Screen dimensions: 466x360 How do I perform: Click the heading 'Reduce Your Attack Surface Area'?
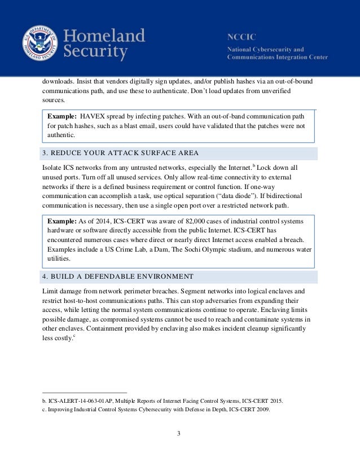(120, 153)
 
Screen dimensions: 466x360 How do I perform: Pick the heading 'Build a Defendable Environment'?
(118, 276)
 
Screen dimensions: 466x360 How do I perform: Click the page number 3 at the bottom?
(180, 434)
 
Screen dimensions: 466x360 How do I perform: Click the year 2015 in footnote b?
(275, 401)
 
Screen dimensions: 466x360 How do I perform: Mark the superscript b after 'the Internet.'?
(254, 166)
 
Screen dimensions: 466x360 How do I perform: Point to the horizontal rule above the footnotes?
(85, 393)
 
